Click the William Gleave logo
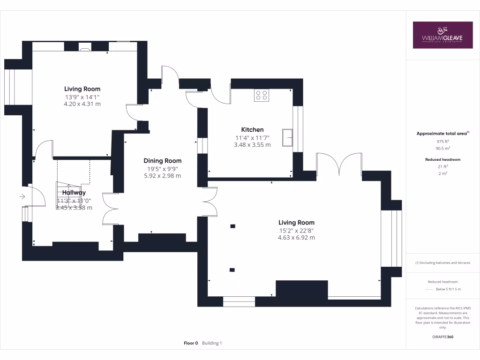442,35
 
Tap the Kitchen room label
252,129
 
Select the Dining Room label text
162,161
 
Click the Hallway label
74,193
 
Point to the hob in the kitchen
262,96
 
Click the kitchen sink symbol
287,138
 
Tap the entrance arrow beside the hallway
22,197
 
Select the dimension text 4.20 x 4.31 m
82,104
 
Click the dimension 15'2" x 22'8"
296,230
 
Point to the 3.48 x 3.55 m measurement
252,145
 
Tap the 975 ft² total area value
442,141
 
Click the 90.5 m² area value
442,148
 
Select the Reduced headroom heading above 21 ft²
442,159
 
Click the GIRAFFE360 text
442,337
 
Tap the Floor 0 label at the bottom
191,343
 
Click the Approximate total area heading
442,134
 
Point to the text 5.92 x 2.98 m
162,176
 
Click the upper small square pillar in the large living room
232,226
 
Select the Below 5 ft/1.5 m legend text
448,289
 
